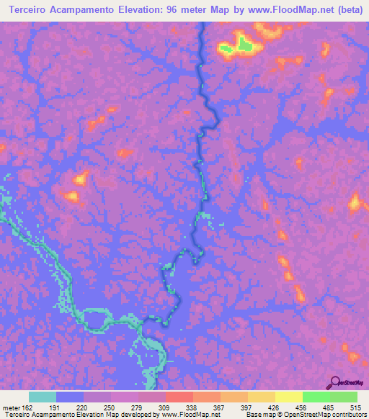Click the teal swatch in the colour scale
pyautogui.click(x=43, y=397)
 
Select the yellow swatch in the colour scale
pyautogui.click(x=288, y=397)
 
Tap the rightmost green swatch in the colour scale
pyautogui.click(x=344, y=397)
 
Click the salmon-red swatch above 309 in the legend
pyautogui.click(x=179, y=397)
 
